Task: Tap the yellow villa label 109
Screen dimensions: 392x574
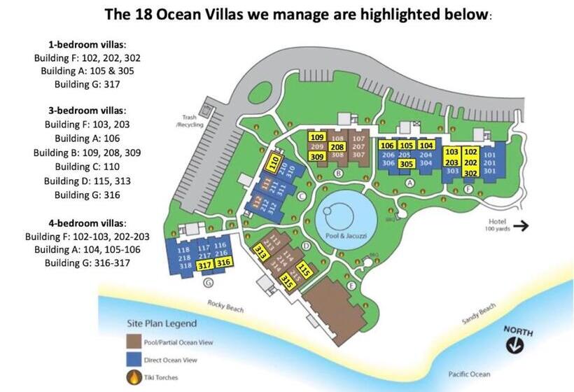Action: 316,137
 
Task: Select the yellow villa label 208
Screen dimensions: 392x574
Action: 337,147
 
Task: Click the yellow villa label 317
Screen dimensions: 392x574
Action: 204,265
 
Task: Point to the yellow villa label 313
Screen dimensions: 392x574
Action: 260,251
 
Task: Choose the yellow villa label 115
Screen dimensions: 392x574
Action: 304,269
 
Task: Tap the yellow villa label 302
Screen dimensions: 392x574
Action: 470,171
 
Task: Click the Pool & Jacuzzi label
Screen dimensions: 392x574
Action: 342,236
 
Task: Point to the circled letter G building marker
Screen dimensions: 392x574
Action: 207,282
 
